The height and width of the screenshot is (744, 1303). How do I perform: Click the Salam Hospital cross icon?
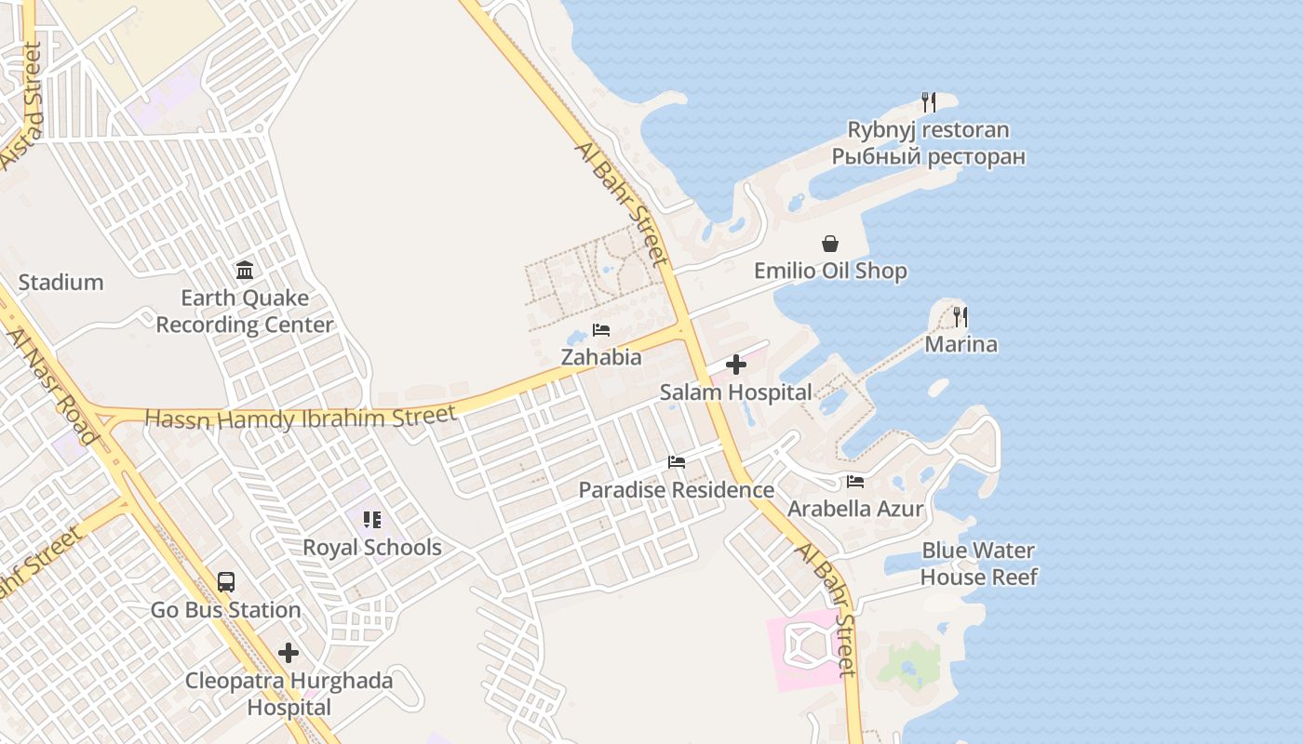[736, 365]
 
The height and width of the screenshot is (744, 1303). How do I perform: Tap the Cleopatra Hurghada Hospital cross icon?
[289, 653]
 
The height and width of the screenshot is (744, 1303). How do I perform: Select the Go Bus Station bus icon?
[225, 582]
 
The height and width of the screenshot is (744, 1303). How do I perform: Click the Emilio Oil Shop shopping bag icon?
[829, 244]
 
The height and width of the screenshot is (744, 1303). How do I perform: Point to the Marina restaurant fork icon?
[960, 317]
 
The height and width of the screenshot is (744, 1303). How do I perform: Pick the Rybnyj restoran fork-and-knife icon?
[928, 102]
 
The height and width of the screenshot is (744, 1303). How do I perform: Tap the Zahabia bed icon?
[601, 330]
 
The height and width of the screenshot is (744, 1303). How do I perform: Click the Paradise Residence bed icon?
[677, 462]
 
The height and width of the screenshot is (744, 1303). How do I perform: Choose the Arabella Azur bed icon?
[855, 482]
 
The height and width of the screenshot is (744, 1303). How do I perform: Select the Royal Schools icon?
[372, 520]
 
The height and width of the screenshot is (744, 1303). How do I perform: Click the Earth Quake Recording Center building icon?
[245, 271]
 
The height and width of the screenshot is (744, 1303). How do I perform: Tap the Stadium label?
[61, 283]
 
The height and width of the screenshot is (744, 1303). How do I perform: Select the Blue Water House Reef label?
[978, 564]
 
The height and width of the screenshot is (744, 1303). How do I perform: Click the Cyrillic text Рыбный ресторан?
[928, 156]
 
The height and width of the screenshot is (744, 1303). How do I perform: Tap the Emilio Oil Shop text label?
[830, 272]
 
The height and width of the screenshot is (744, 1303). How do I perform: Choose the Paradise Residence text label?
[677, 490]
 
